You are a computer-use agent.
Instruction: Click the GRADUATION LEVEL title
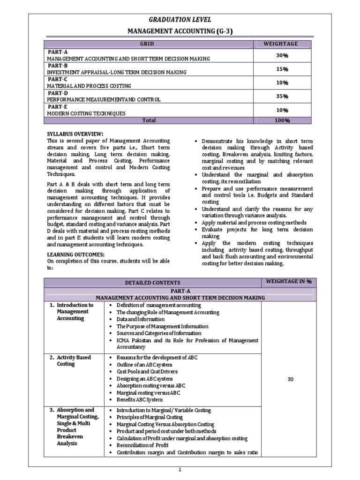tap(180, 19)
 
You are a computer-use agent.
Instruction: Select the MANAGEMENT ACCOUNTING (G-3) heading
tap(180, 31)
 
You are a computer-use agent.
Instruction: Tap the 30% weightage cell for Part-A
tap(282, 55)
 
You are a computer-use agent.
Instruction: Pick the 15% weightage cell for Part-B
tap(282, 69)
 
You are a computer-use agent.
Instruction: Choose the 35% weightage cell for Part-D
tap(282, 96)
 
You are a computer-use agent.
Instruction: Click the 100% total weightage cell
tap(282, 120)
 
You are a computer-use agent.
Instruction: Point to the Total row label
tap(149, 120)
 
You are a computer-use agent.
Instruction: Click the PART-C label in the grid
tap(57, 79)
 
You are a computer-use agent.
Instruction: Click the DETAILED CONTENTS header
tap(152, 283)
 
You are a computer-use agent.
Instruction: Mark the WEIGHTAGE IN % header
tap(288, 281)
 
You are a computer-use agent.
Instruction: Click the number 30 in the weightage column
tap(290, 380)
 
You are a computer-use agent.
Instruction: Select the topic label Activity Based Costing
tap(74, 360)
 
